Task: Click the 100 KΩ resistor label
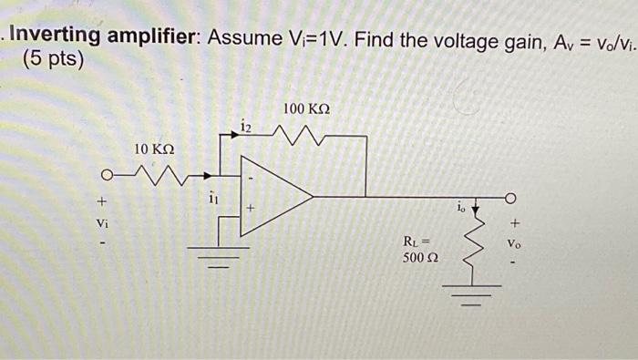coord(306,109)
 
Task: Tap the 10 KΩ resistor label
coord(154,149)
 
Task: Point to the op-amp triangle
coord(273,195)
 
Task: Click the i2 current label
coord(246,125)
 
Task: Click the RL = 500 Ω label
coord(421,251)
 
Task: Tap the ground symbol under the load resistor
coord(472,294)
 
